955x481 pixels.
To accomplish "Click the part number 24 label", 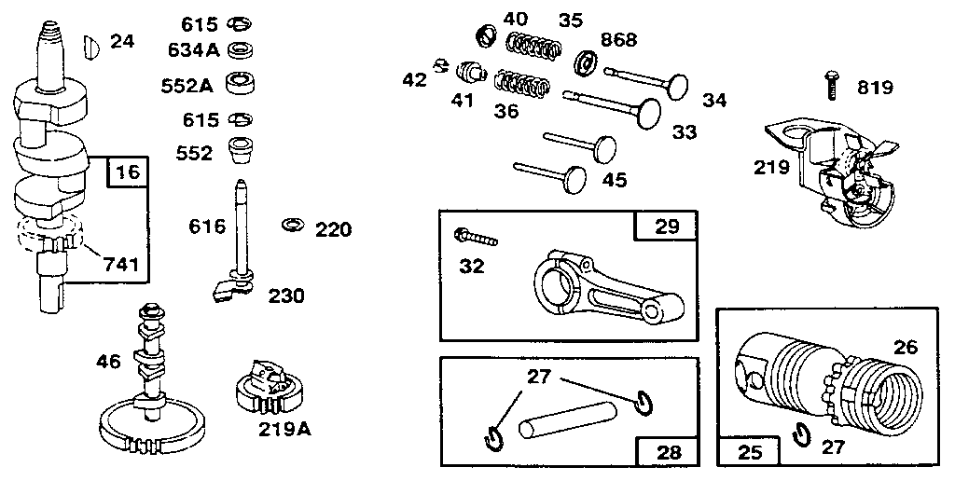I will pos(122,41).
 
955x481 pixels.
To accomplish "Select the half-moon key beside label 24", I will pos(90,43).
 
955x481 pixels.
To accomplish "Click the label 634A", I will pos(193,48).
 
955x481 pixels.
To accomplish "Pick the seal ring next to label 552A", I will pos(244,85).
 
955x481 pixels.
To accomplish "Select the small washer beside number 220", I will pos(292,226).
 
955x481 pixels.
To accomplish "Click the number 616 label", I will pos(207,227).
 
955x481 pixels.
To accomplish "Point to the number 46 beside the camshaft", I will pos(109,361).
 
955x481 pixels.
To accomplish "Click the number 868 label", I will pos(618,39).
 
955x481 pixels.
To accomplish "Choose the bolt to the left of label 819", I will pos(830,85).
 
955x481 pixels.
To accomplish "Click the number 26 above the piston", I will pos(905,348).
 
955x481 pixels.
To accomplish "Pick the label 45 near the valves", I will pos(614,180).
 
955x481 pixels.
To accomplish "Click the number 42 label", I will pos(414,79).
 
